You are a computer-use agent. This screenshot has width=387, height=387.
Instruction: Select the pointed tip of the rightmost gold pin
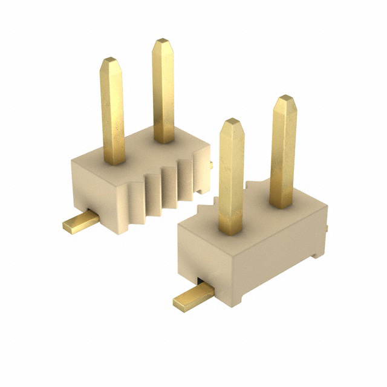284,98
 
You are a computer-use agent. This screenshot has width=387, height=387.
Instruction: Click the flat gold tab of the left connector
80,224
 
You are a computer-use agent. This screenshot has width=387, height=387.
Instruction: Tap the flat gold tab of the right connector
192,297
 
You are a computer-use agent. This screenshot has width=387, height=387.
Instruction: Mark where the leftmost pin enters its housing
114,161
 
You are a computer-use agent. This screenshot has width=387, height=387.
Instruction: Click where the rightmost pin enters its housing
282,204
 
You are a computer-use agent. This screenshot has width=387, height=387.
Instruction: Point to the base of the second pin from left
164,140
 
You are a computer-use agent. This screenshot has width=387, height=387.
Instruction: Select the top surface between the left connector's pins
139,148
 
